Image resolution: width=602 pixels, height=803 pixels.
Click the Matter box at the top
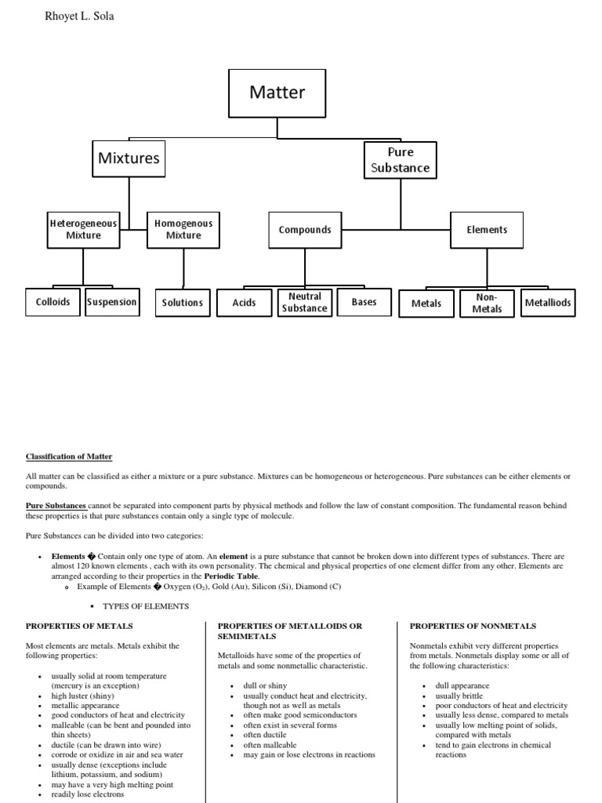tap(277, 93)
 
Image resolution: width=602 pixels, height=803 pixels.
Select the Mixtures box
tap(129, 158)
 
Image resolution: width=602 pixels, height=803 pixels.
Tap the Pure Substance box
tap(401, 159)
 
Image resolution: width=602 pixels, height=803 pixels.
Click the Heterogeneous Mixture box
tap(83, 229)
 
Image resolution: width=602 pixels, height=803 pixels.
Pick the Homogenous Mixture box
tap(183, 229)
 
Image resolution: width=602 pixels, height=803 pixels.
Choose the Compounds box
tap(305, 230)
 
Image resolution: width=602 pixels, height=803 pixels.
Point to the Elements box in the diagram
tap(487, 230)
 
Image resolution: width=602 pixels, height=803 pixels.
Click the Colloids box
tap(53, 302)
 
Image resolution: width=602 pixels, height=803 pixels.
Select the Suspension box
tap(112, 302)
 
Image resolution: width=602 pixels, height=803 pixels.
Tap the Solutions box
tap(183, 303)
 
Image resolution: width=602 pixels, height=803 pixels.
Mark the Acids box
tap(244, 303)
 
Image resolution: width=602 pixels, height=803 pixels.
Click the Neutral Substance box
tap(305, 302)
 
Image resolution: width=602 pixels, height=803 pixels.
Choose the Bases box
tap(364, 302)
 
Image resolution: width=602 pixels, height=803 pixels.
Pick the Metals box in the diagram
tap(426, 303)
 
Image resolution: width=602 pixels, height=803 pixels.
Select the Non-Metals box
tap(487, 303)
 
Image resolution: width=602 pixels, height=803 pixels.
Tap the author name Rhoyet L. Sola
tap(81, 16)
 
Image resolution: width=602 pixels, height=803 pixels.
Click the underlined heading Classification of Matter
tap(69, 456)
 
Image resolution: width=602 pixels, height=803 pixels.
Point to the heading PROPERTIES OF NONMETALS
tap(473, 626)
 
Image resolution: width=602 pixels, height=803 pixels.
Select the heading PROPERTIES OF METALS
tap(79, 626)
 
